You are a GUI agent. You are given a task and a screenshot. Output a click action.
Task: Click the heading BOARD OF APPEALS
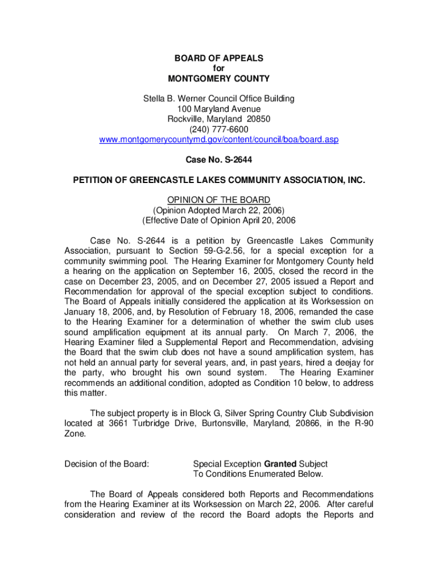(219, 59)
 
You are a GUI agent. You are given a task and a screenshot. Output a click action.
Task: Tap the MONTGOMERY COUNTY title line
(219, 79)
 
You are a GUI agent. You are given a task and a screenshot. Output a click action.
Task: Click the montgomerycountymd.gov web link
(219, 140)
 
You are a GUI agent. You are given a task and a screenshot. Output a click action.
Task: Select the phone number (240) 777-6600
(219, 130)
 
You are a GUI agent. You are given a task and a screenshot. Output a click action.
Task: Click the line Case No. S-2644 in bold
(219, 160)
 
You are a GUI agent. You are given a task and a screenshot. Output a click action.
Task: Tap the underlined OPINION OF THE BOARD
(219, 200)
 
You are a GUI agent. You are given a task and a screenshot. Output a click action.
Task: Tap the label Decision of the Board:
(107, 464)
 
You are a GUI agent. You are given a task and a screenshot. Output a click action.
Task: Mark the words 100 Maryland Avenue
(219, 109)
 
